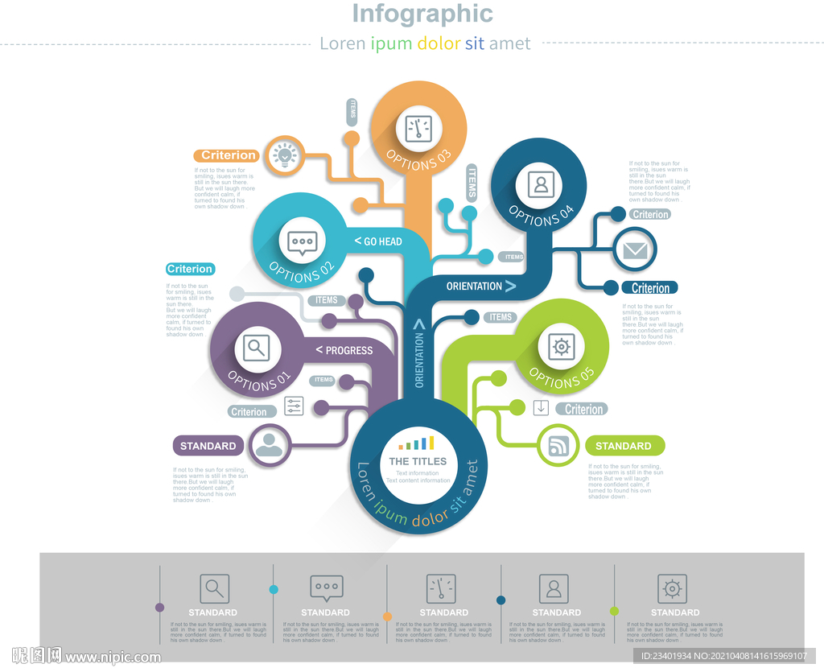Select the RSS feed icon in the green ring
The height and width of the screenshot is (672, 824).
(x=558, y=446)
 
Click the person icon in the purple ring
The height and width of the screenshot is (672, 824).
(x=270, y=445)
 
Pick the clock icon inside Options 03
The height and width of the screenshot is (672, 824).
(x=418, y=128)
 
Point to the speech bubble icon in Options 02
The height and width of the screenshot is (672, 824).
(x=303, y=241)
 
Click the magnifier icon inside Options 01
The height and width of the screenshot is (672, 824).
(x=257, y=348)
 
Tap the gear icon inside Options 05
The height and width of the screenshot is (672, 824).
(x=561, y=347)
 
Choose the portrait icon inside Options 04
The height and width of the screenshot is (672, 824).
(x=541, y=184)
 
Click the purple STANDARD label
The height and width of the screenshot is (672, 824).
(x=208, y=446)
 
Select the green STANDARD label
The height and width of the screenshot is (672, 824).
(x=624, y=446)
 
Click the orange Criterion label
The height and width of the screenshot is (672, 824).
(x=228, y=155)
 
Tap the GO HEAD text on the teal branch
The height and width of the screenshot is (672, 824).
(x=378, y=241)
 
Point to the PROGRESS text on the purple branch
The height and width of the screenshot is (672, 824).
(x=344, y=350)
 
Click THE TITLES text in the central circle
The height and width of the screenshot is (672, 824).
(x=418, y=461)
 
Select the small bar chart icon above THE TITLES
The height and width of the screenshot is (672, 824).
(x=417, y=443)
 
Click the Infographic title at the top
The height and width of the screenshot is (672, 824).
(x=422, y=14)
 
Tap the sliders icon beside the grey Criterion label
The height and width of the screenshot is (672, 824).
(x=294, y=406)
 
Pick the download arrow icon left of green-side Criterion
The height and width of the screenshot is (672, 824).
(x=541, y=407)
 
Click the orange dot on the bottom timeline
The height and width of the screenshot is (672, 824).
(x=387, y=616)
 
